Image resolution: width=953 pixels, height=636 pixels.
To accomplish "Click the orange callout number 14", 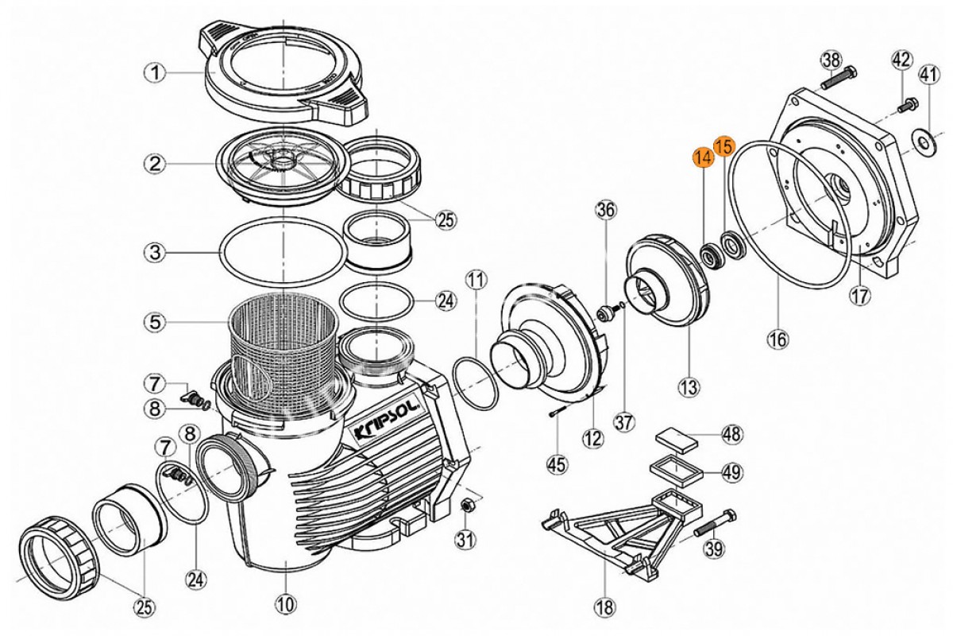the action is (704, 157).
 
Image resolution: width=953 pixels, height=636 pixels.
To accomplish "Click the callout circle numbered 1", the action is (155, 73).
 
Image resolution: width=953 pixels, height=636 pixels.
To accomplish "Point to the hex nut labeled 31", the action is (466, 506).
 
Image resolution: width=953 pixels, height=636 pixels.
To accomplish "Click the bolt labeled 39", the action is (716, 525).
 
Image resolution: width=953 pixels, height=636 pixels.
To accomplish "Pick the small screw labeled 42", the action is (907, 105).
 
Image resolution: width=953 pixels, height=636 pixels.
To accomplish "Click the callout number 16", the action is (778, 339).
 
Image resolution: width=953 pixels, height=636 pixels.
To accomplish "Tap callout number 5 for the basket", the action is (155, 322).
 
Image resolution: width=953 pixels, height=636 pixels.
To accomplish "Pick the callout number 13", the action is (689, 387).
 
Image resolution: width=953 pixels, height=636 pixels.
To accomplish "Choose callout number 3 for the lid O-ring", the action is (155, 253).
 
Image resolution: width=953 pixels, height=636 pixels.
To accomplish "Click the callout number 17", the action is (860, 295).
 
